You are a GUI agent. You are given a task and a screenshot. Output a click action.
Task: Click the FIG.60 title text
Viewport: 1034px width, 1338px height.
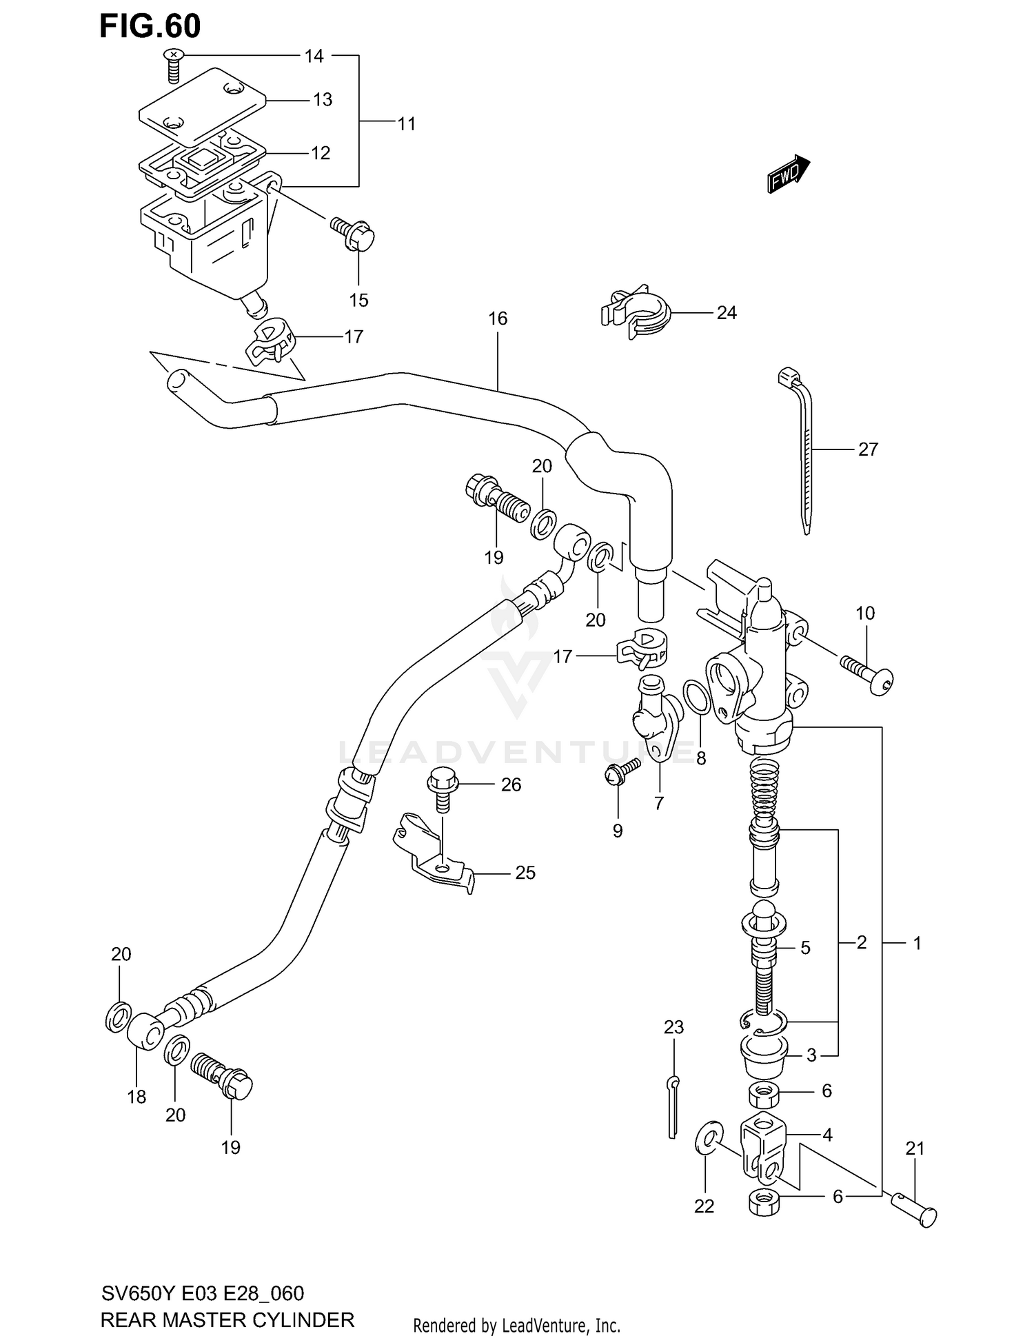tap(150, 26)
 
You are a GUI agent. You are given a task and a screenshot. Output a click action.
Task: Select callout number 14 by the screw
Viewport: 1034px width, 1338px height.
tap(314, 56)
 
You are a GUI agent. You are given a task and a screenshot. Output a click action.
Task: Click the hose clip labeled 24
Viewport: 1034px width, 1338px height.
tap(635, 311)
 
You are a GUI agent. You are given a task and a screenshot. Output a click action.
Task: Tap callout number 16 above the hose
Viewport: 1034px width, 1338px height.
tap(498, 318)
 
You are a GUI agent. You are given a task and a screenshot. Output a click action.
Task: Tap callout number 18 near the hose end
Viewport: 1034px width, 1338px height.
tap(136, 1096)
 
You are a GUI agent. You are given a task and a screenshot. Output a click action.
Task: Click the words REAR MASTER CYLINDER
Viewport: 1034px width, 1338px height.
tap(227, 1319)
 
